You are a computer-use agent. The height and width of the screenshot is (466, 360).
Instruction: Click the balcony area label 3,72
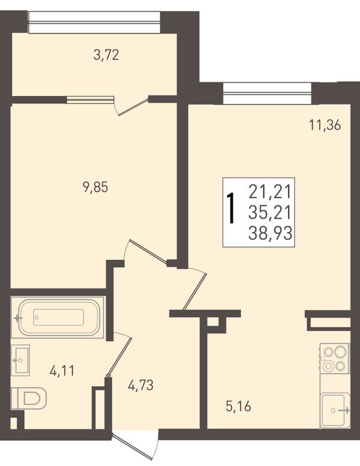[106, 55]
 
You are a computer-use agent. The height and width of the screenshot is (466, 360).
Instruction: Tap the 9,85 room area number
[95, 187]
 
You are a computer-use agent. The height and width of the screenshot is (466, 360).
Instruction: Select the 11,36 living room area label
[325, 125]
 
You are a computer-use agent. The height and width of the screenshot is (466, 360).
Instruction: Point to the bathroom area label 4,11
[62, 371]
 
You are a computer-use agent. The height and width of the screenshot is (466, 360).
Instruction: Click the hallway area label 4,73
[140, 386]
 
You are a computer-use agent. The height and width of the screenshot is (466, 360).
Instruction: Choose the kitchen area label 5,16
[239, 407]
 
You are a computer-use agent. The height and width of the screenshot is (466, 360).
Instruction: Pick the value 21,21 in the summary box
[269, 192]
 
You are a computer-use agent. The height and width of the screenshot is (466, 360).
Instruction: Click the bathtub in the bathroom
[58, 318]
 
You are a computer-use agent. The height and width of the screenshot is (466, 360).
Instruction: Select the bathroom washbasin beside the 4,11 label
[20, 360]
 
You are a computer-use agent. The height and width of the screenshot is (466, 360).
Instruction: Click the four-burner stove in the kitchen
[335, 358]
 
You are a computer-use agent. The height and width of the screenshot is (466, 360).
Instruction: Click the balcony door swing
[130, 107]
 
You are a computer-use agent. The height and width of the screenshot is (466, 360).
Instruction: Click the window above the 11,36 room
[268, 93]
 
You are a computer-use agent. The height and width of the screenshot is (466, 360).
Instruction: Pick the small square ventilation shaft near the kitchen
[213, 321]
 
